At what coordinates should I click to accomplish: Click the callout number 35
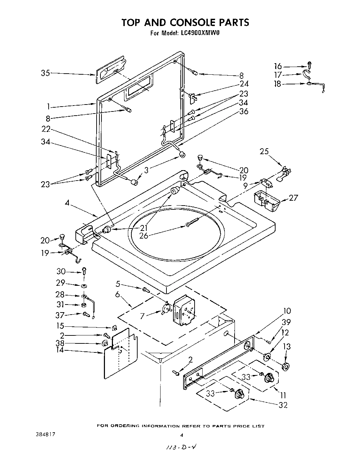coord(46,73)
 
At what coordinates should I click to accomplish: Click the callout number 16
coord(278,66)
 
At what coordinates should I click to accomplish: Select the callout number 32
coord(283,405)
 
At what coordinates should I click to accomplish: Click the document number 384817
coord(45,434)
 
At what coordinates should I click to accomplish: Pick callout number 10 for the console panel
coord(287,311)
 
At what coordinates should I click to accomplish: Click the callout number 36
coord(244,111)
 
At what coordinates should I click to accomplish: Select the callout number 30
coord(61,272)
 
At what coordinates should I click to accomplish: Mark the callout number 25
coord(264,151)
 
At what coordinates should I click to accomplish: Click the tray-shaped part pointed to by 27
coord(266,201)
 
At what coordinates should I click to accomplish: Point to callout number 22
coord(46,129)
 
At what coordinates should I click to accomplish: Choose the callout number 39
coord(287,322)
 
